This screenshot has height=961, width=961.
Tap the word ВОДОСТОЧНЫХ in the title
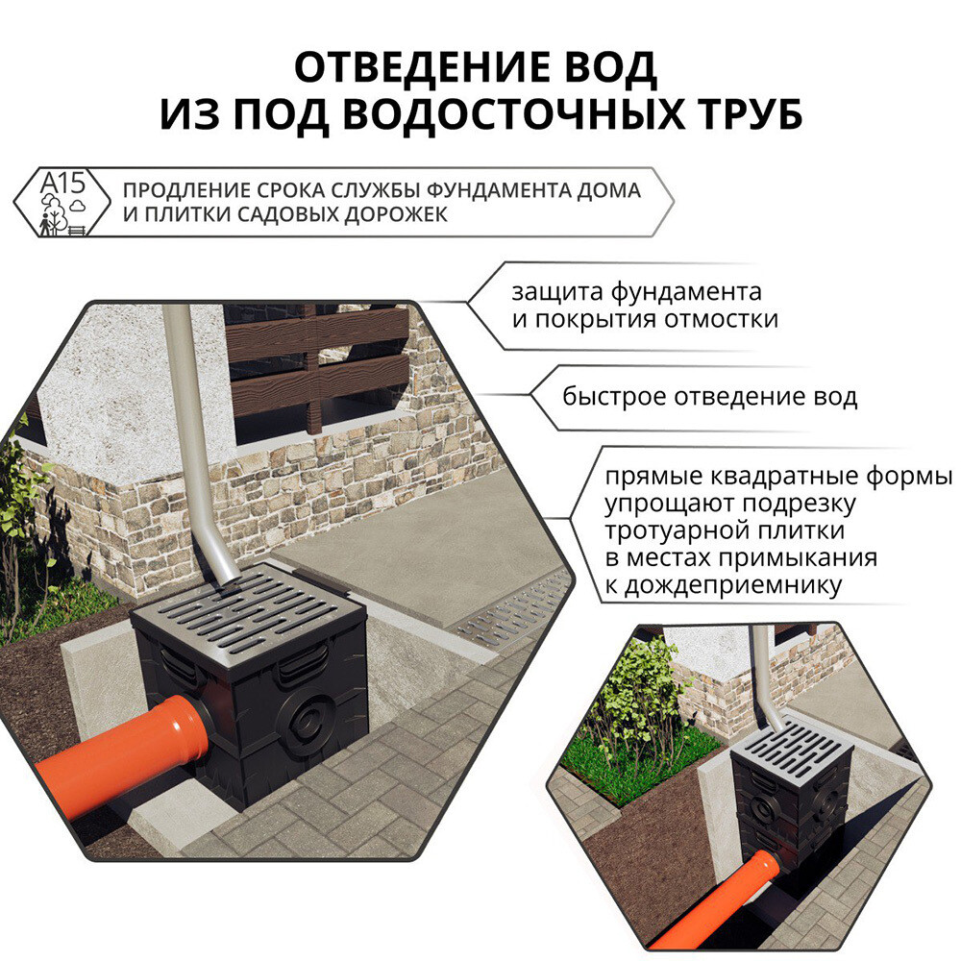(x=512, y=114)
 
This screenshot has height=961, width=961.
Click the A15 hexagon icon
(x=62, y=202)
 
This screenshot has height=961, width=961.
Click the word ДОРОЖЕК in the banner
(x=396, y=215)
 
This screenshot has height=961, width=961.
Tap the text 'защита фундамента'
(x=637, y=292)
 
